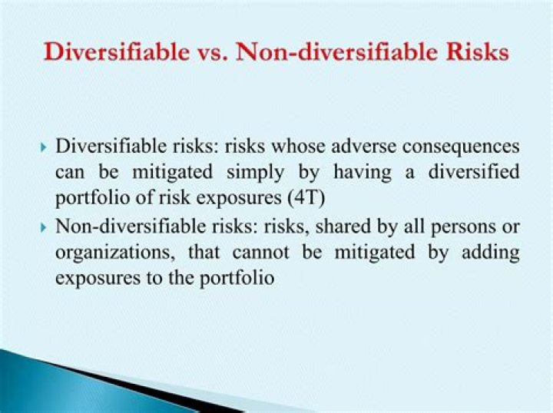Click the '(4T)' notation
(x=307, y=199)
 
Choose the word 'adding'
(x=490, y=253)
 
